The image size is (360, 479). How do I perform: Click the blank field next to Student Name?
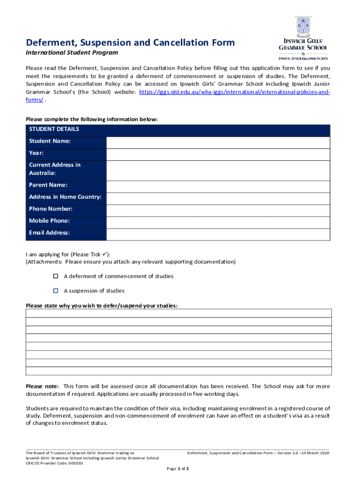pos(218,141)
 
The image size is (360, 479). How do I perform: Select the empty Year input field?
pos(218,153)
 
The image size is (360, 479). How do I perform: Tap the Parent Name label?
pos(48,185)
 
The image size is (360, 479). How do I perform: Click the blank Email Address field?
pos(218,233)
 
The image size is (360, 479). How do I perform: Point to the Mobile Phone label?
pos(49,221)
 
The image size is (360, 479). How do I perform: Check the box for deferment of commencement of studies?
pos(55,276)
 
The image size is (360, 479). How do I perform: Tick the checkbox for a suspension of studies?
pos(55,290)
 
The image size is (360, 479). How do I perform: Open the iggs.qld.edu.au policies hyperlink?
pos(234,93)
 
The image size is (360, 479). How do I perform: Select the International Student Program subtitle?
pos(72,53)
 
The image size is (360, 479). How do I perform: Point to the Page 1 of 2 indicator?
pos(178,469)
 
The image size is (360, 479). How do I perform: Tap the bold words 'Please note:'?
pos(42,386)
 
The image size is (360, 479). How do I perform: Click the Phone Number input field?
pos(218,209)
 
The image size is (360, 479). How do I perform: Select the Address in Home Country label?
pos(65,197)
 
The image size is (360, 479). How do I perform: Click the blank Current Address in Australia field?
pos(218,169)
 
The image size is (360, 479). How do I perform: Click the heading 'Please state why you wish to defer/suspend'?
pos(101,306)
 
